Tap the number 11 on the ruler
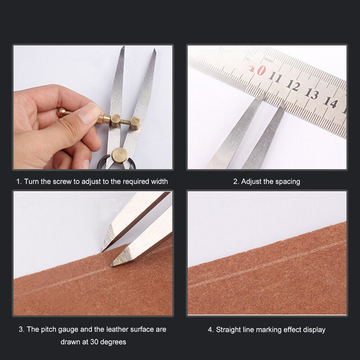click(x=276, y=77)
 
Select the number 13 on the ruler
click(x=311, y=94)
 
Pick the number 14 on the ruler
click(x=330, y=102)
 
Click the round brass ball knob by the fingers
click(x=62, y=112)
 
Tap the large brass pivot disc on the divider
click(x=120, y=154)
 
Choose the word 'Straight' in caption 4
click(x=228, y=330)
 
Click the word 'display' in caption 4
click(x=314, y=330)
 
